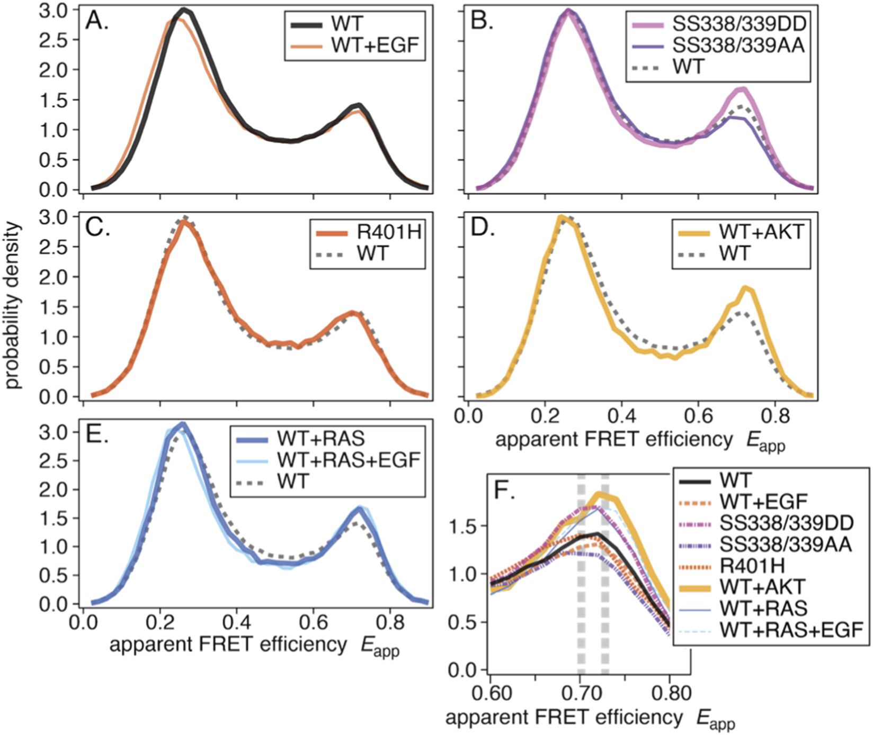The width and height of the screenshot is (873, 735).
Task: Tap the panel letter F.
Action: [504, 491]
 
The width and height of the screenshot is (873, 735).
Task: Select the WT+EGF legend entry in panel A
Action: [375, 46]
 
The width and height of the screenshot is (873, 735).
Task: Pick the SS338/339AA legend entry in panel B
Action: [738, 46]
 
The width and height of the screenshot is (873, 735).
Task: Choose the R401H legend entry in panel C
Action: [389, 232]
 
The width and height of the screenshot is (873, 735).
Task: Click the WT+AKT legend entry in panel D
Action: [761, 231]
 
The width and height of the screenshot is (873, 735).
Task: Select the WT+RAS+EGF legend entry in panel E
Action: [349, 460]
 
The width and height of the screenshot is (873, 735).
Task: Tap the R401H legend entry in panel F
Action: [752, 565]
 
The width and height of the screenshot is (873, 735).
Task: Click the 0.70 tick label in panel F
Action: [582, 693]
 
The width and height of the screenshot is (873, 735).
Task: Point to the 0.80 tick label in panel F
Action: [671, 693]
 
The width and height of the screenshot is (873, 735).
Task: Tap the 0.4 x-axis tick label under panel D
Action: [622, 415]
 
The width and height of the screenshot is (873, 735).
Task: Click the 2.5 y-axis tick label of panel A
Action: [53, 41]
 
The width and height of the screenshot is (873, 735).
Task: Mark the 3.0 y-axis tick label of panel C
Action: [53, 217]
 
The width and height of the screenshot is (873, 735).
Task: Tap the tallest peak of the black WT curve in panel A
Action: [184, 10]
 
